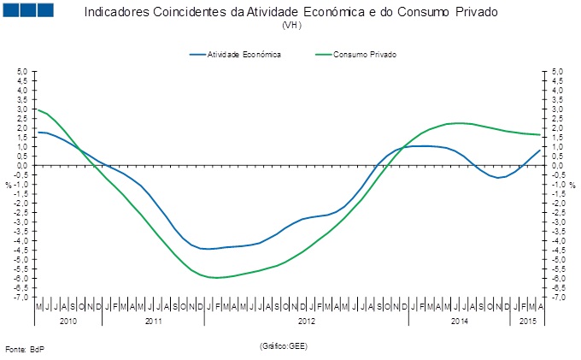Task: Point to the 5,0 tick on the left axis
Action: click(x=22, y=72)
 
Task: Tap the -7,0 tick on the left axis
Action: click(x=21, y=297)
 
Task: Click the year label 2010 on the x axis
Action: click(x=68, y=321)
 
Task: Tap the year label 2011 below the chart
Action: click(x=154, y=321)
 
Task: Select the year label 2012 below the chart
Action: click(x=306, y=321)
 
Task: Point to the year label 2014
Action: click(x=459, y=321)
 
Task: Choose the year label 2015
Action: click(x=527, y=321)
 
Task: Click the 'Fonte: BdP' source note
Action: click(x=24, y=350)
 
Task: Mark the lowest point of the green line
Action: click(x=217, y=278)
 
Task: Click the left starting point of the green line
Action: click(x=36, y=109)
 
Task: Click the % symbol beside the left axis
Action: click(x=9, y=185)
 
